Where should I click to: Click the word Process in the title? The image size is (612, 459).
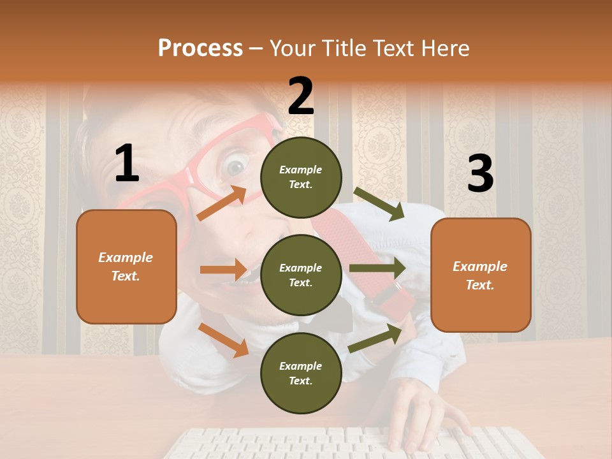200,48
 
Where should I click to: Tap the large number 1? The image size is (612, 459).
127,164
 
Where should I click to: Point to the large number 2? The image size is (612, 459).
301,96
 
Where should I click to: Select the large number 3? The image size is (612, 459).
480,174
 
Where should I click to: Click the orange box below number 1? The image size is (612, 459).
126,266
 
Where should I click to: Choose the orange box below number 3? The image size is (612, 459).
481,275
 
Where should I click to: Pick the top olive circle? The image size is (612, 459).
301,177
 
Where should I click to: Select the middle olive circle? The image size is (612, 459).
301,275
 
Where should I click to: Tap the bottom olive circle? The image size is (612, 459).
301,373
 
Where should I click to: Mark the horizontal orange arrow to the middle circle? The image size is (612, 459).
223,270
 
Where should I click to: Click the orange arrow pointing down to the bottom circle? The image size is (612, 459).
224,340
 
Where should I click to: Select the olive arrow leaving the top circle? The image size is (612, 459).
379,204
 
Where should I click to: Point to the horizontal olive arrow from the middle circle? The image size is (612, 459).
377,268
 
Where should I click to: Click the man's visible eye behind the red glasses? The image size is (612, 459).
236,168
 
